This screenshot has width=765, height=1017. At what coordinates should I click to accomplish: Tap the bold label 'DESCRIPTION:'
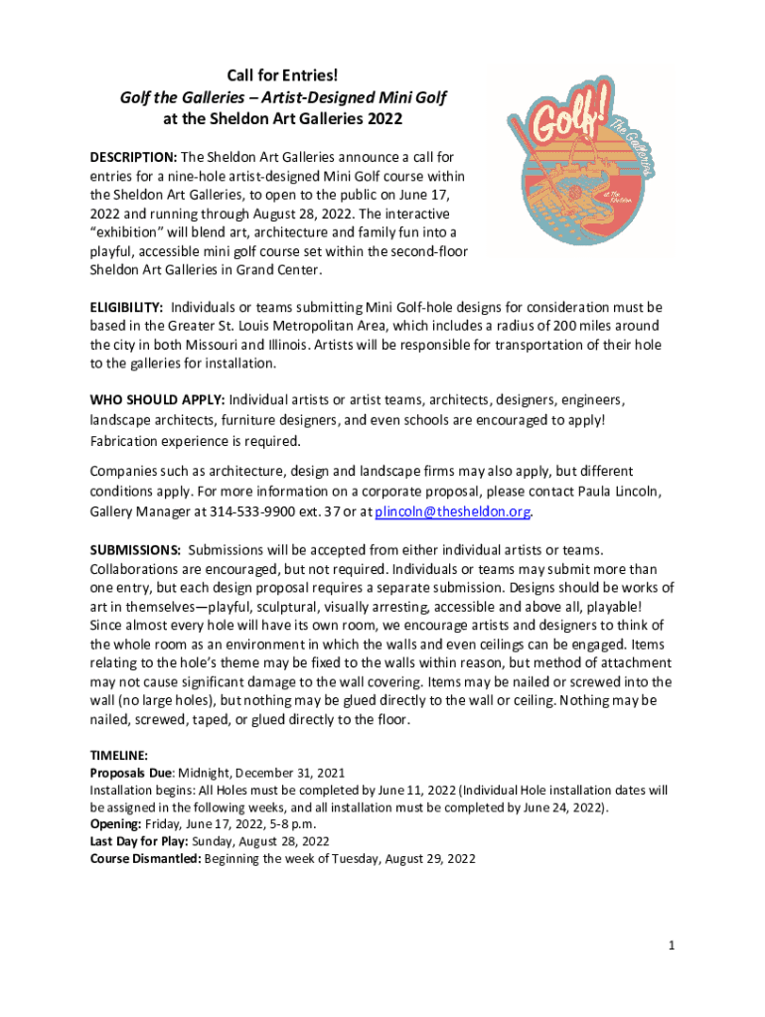133,157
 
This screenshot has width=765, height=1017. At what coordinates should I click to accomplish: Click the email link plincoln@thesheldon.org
452,512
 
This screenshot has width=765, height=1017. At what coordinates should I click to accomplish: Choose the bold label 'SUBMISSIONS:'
135,549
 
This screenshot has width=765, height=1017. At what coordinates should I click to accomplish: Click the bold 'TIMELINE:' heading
119,756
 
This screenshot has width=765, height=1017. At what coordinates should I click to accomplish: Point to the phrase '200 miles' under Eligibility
584,326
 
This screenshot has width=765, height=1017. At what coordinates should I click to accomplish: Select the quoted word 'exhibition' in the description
132,232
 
